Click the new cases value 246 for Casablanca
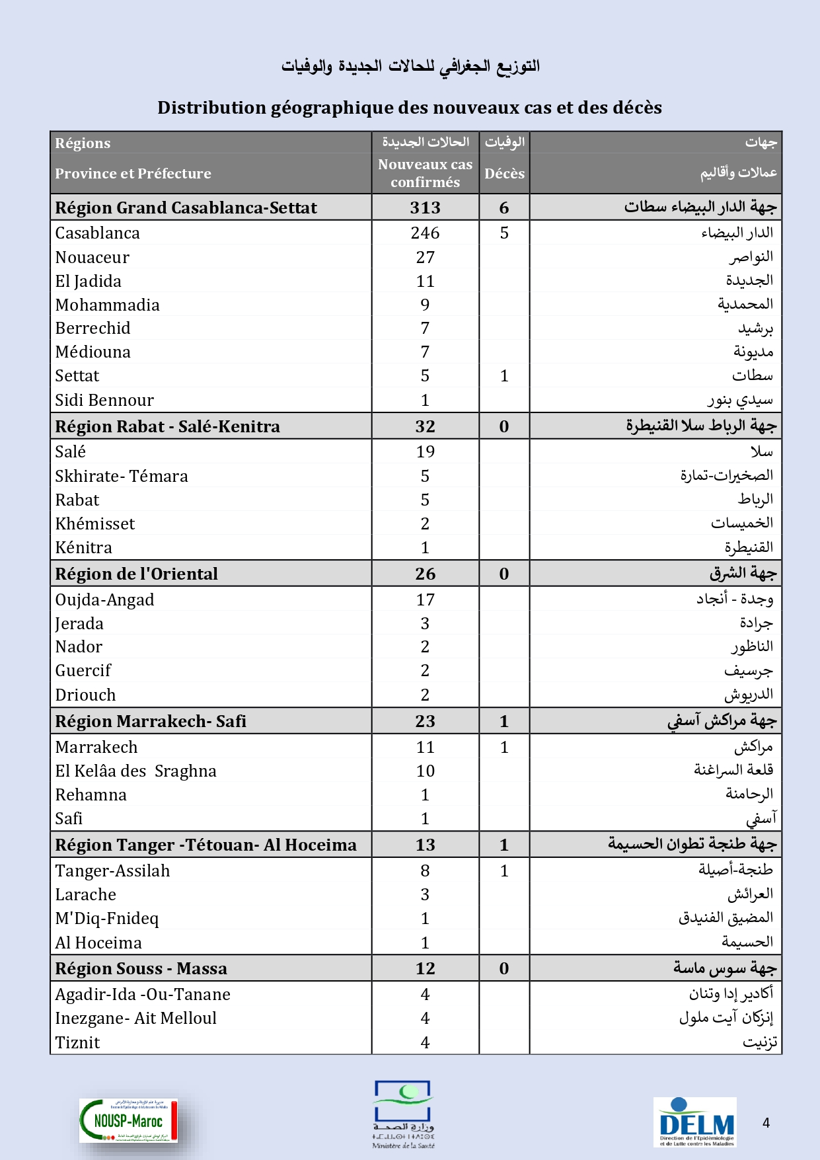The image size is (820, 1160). point(425,233)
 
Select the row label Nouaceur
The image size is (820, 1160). point(92,257)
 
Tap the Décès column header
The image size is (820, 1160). point(504,173)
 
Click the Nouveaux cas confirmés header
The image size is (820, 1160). point(425,173)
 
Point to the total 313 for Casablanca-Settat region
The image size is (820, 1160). point(425,208)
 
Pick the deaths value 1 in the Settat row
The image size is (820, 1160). point(504,375)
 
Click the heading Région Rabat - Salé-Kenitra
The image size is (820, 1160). point(167,426)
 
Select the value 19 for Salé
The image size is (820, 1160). point(425,451)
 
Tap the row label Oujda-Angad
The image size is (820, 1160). point(104,599)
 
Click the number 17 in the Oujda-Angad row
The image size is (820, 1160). point(425,599)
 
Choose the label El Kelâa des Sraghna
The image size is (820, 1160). point(135,771)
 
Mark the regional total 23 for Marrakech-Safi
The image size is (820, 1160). point(425,721)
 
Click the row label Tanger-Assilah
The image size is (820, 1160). point(112,870)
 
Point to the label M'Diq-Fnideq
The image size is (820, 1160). point(106,918)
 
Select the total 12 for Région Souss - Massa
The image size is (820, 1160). point(425,968)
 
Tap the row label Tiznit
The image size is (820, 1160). point(77,1042)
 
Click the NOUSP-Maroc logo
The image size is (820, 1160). point(129,1120)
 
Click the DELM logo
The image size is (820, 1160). point(695,1122)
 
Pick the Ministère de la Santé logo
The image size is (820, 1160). point(403,1114)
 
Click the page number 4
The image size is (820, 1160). point(766,1122)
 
